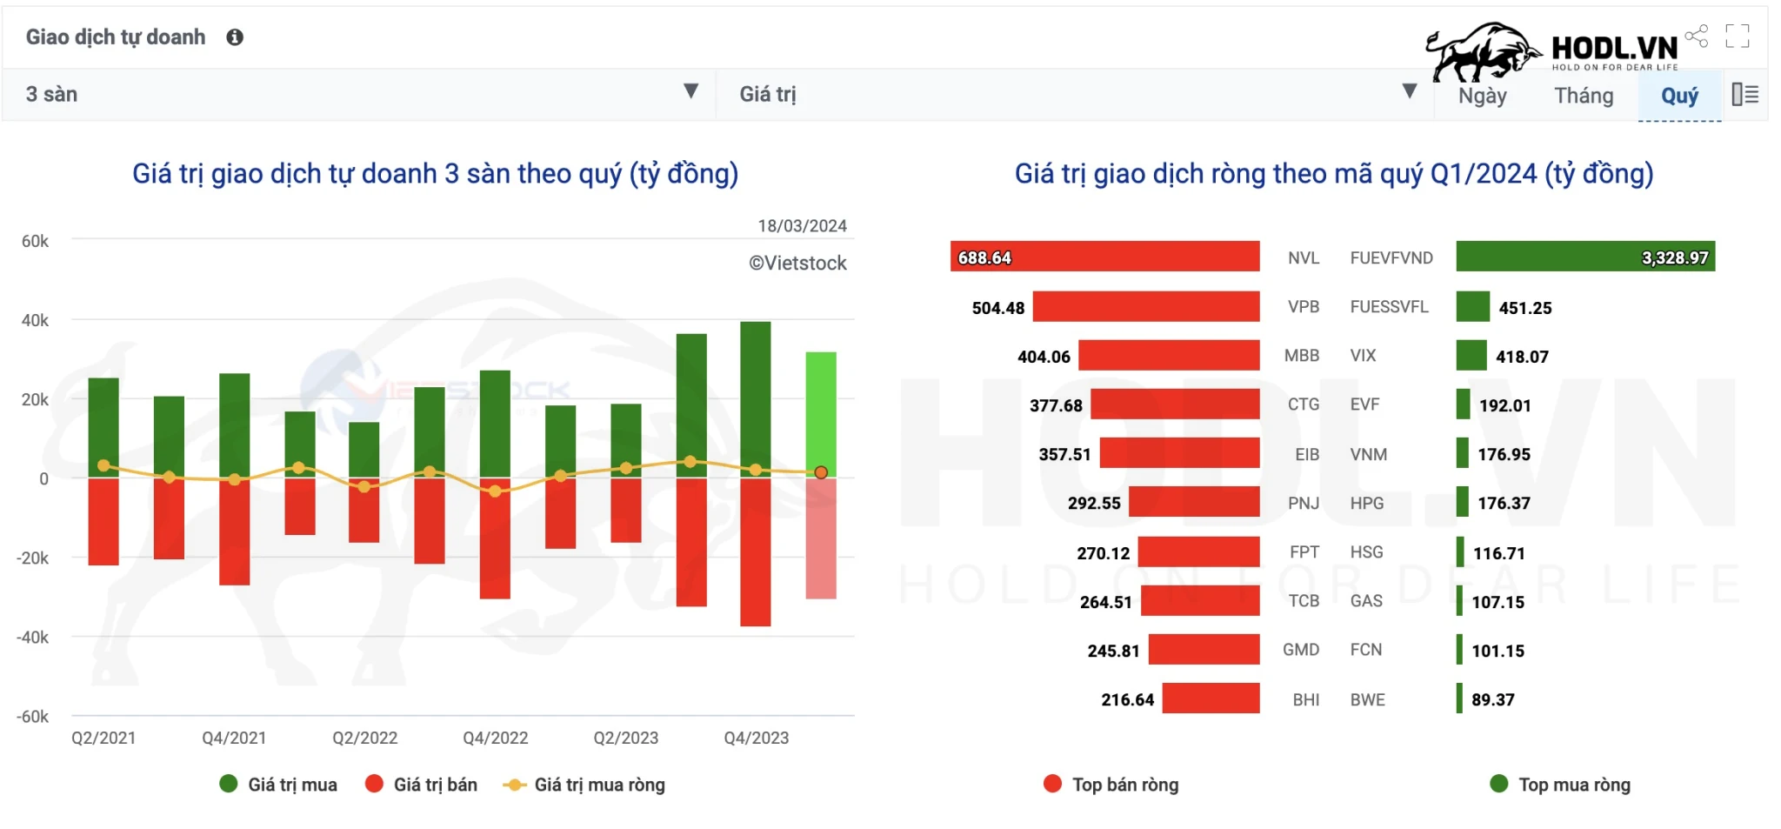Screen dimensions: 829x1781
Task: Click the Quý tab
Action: click(1678, 96)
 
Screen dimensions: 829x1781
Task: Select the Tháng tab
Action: click(1584, 96)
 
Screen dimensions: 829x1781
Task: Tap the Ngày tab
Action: click(1482, 96)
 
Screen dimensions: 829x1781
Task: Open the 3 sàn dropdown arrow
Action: click(690, 91)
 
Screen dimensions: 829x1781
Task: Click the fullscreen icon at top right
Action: click(1737, 36)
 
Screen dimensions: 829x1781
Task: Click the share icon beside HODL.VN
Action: click(1696, 36)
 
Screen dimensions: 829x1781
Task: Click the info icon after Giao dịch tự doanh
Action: click(235, 37)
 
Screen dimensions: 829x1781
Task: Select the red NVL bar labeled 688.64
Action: click(1104, 257)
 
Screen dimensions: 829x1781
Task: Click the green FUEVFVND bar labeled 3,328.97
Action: click(1584, 257)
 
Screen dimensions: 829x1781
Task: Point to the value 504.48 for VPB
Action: click(997, 308)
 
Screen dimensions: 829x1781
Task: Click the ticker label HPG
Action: click(1366, 504)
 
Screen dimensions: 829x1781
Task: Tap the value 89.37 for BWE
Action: click(1492, 700)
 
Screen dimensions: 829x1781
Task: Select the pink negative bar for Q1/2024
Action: click(820, 539)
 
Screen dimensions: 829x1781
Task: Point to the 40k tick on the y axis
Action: click(35, 321)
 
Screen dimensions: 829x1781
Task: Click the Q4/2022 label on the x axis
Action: click(495, 739)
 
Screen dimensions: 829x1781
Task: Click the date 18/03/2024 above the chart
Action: click(802, 226)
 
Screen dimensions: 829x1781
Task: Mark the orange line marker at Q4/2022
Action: click(495, 491)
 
